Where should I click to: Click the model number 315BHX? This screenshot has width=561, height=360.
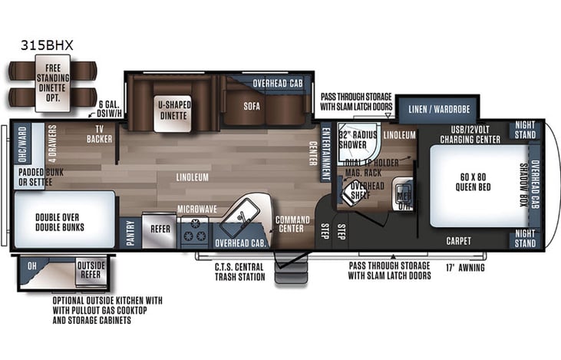[x=48, y=45]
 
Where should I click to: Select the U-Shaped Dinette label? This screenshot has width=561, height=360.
[x=174, y=110]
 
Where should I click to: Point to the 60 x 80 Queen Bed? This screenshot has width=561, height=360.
[x=475, y=185]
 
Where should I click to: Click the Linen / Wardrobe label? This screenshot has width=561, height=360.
[x=439, y=109]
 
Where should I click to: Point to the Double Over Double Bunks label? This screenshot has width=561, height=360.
[x=64, y=222]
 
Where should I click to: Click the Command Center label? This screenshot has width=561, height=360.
[x=294, y=225]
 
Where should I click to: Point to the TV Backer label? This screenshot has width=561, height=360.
[x=99, y=135]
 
